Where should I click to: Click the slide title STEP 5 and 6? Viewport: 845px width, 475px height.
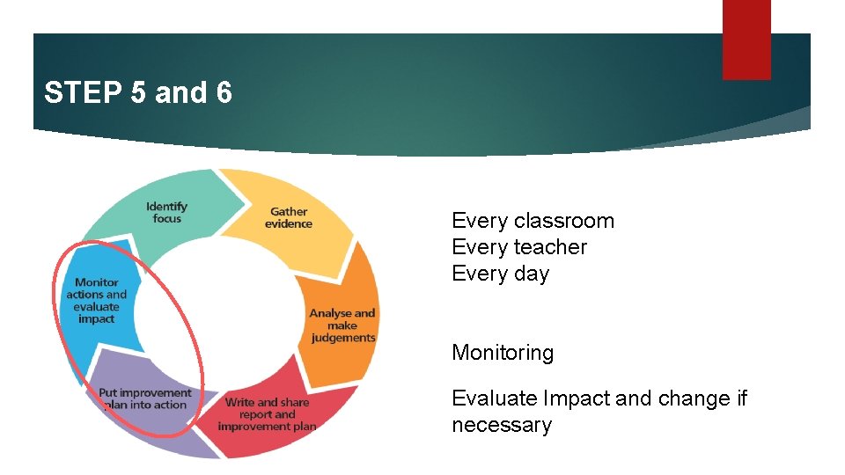(138, 92)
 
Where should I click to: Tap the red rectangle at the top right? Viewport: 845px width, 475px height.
(746, 40)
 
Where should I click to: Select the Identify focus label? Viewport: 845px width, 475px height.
(166, 212)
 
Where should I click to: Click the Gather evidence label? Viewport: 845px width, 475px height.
(289, 217)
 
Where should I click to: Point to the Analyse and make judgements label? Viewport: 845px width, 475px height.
(342, 325)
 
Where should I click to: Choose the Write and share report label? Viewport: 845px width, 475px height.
(267, 414)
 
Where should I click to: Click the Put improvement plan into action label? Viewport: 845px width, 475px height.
(144, 398)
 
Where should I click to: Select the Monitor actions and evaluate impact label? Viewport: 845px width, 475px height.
(96, 301)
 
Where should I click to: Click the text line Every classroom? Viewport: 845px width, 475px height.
(533, 221)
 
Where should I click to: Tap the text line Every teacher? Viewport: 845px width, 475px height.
(518, 247)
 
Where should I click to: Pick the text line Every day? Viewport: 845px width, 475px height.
(500, 274)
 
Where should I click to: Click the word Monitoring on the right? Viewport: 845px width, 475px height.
(503, 353)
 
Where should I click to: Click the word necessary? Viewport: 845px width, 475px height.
(502, 425)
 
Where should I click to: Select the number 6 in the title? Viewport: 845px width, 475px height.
(224, 92)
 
